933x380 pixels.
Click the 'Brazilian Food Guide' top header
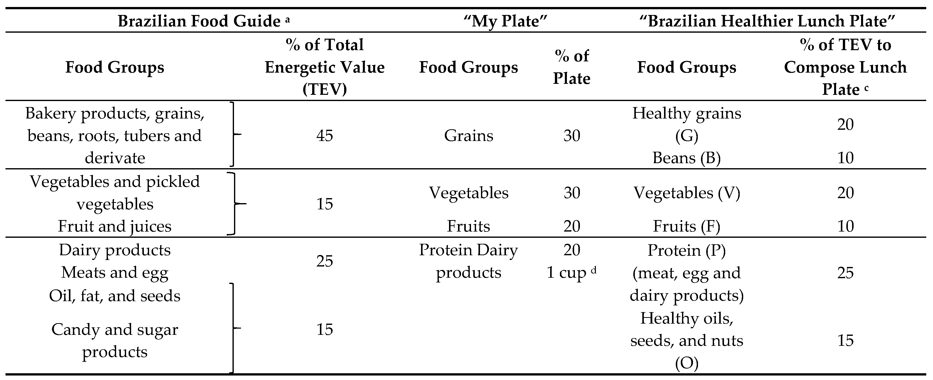(x=199, y=21)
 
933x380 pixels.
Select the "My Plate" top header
(x=505, y=21)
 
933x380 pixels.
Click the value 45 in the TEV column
(x=324, y=136)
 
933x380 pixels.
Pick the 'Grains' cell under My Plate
(x=468, y=136)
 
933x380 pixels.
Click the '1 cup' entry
(x=567, y=272)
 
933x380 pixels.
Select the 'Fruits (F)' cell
(x=686, y=226)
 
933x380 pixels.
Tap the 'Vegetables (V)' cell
(x=686, y=193)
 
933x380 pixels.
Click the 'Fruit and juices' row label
(x=114, y=226)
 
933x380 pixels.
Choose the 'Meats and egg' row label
(x=114, y=272)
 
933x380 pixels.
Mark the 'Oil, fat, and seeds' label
(x=114, y=296)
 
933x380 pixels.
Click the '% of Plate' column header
(x=572, y=67)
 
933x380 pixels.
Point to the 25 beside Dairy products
(x=324, y=261)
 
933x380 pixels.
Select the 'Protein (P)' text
(x=686, y=250)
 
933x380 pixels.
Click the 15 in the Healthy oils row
(x=845, y=341)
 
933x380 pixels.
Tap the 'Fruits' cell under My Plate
(x=468, y=226)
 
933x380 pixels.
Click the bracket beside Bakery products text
(x=233, y=134)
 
